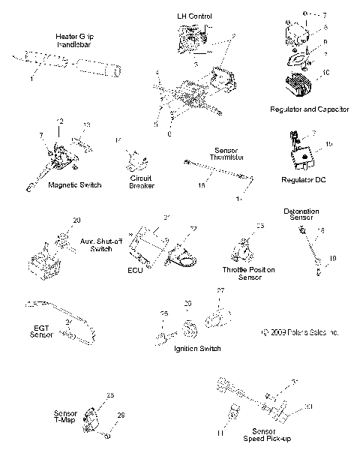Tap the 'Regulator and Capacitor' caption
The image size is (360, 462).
click(309, 109)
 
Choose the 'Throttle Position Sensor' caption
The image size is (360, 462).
click(249, 272)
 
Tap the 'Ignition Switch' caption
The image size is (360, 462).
click(196, 349)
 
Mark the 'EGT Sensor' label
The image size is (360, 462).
click(41, 331)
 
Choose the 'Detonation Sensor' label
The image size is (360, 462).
click(301, 214)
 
